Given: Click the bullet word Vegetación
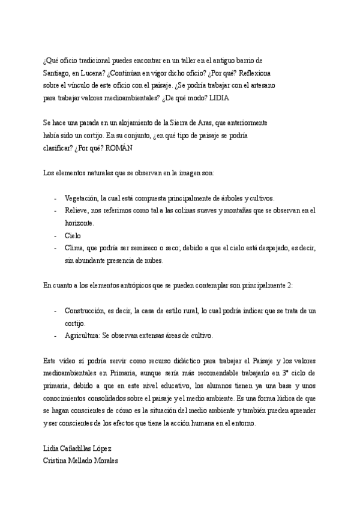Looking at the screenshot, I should tap(82, 197).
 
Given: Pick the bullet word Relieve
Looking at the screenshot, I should tap(76, 210).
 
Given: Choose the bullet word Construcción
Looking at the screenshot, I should tap(86, 310).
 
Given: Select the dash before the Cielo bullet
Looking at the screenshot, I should tap(55, 235).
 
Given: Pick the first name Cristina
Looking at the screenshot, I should tap(56, 461).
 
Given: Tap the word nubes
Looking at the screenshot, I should tap(152, 260).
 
